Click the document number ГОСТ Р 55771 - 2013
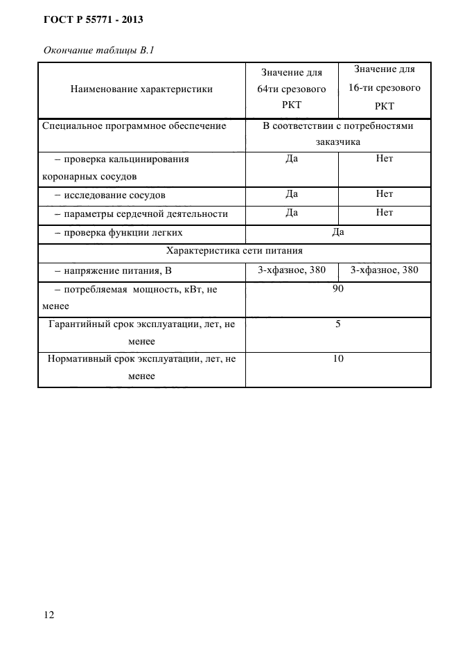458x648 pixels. point(94,20)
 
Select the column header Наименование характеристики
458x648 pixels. point(141,89)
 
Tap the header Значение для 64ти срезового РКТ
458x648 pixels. point(292,89)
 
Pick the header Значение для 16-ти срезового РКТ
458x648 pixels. point(385,88)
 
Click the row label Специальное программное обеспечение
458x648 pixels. point(134,126)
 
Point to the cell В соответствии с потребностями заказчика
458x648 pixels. point(338,134)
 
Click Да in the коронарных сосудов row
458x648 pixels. point(292,159)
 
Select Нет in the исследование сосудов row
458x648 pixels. point(385,194)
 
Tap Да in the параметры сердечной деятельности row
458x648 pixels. point(292,213)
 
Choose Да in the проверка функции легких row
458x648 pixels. point(338,232)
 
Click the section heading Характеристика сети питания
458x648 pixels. point(234,251)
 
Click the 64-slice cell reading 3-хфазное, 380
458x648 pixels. point(292,270)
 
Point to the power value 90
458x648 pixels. point(338,289)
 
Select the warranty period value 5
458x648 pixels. point(338,324)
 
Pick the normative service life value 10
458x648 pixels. point(338,358)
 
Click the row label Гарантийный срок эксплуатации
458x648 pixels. point(141,324)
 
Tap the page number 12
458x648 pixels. point(49,615)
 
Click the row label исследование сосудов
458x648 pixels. point(114,195)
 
